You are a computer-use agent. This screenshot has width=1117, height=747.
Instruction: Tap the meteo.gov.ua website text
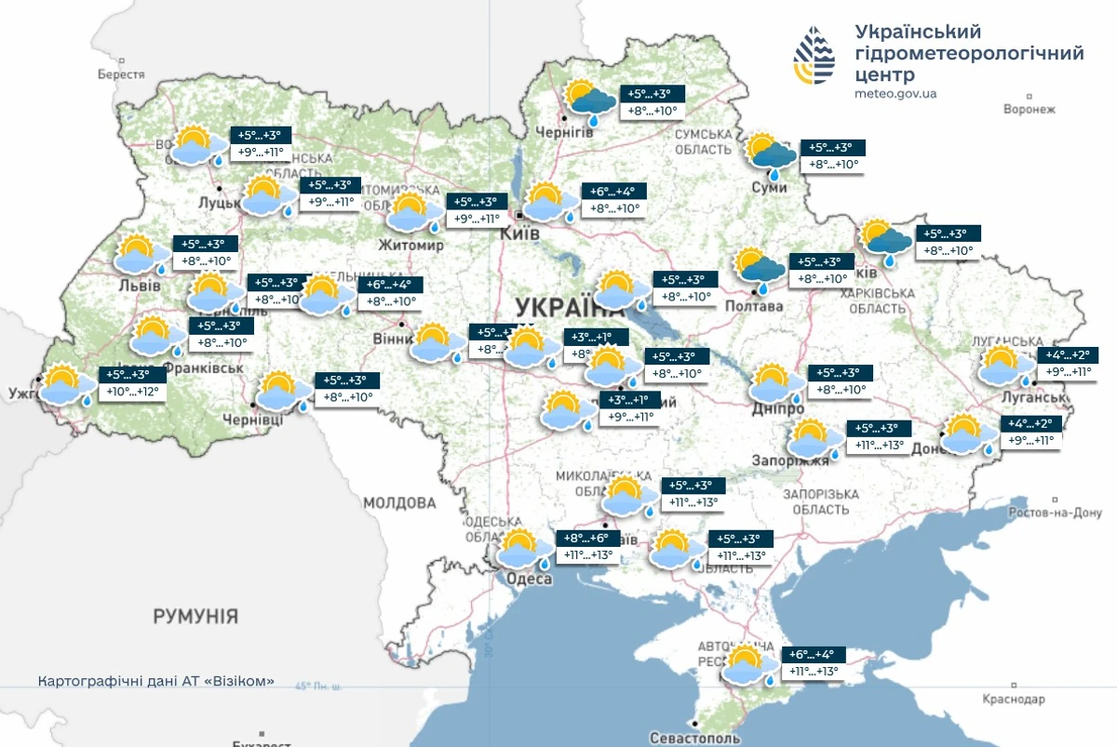click(895, 94)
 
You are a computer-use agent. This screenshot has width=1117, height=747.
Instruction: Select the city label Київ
click(519, 234)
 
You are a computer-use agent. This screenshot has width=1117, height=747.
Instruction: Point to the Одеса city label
click(529, 579)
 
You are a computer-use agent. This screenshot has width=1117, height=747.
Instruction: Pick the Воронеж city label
click(1029, 109)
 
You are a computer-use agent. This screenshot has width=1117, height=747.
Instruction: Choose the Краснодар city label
click(1014, 699)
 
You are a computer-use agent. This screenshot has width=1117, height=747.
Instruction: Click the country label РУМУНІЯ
click(195, 616)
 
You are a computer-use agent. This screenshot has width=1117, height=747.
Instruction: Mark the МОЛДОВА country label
click(399, 503)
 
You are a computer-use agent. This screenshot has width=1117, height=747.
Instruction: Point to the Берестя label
click(121, 74)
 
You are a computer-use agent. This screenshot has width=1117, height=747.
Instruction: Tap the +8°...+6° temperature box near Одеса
click(586, 538)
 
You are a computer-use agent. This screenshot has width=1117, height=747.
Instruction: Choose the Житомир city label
click(410, 245)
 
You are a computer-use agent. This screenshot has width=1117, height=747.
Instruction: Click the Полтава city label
click(755, 306)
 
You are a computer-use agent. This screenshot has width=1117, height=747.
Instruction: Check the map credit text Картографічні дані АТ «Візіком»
click(156, 681)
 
